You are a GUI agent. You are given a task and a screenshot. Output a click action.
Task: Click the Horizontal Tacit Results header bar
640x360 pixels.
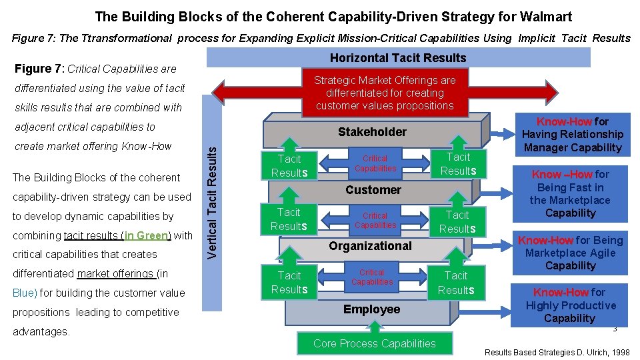click(398, 58)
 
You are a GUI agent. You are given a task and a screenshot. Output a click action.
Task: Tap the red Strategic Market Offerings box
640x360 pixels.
click(385, 93)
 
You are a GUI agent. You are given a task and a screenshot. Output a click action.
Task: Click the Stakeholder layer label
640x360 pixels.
click(371, 131)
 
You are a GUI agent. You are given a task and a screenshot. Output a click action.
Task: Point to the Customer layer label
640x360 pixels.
click(373, 190)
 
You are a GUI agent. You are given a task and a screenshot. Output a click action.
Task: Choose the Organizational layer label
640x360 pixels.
click(370, 246)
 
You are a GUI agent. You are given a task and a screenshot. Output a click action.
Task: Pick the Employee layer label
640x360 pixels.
click(371, 309)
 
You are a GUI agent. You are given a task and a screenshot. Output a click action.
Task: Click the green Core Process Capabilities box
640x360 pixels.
click(374, 343)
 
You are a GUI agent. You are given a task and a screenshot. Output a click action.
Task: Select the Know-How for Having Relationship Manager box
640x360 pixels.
click(573, 135)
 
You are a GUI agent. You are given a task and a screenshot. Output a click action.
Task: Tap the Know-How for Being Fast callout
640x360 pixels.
click(570, 193)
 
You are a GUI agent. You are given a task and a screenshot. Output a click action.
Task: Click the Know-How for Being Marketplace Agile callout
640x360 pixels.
click(570, 253)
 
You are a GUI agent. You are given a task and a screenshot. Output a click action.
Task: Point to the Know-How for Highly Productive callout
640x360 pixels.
click(570, 305)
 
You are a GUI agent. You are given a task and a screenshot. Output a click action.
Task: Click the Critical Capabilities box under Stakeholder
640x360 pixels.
click(375, 163)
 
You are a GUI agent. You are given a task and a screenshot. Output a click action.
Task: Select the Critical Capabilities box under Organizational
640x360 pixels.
click(372, 277)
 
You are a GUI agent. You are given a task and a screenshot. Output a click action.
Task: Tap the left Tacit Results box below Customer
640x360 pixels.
click(289, 219)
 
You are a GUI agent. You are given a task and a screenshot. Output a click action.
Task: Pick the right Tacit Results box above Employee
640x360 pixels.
click(456, 283)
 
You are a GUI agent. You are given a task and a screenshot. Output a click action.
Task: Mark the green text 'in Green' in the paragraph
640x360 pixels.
click(147, 235)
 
